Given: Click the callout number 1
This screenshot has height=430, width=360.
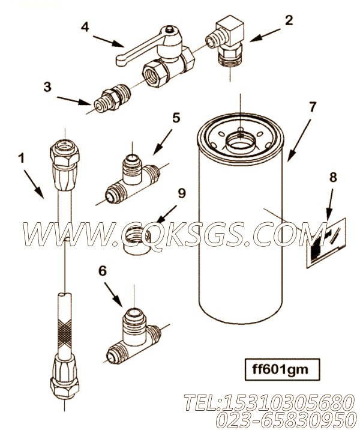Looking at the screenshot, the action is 21,159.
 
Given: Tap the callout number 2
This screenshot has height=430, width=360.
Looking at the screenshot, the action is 289,20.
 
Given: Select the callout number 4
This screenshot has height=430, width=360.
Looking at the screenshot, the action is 85,27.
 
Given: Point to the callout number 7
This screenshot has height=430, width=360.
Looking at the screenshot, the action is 312,107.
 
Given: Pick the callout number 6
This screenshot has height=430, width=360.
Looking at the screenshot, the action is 102,271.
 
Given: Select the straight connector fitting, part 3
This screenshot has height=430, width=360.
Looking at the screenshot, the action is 112,98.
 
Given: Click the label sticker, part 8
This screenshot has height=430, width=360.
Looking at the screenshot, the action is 326,243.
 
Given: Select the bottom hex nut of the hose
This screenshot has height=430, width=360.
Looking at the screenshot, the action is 65,387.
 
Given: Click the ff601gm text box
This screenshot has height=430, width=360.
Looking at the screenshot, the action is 282,369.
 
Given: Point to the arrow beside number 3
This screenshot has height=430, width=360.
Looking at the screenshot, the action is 74,101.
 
